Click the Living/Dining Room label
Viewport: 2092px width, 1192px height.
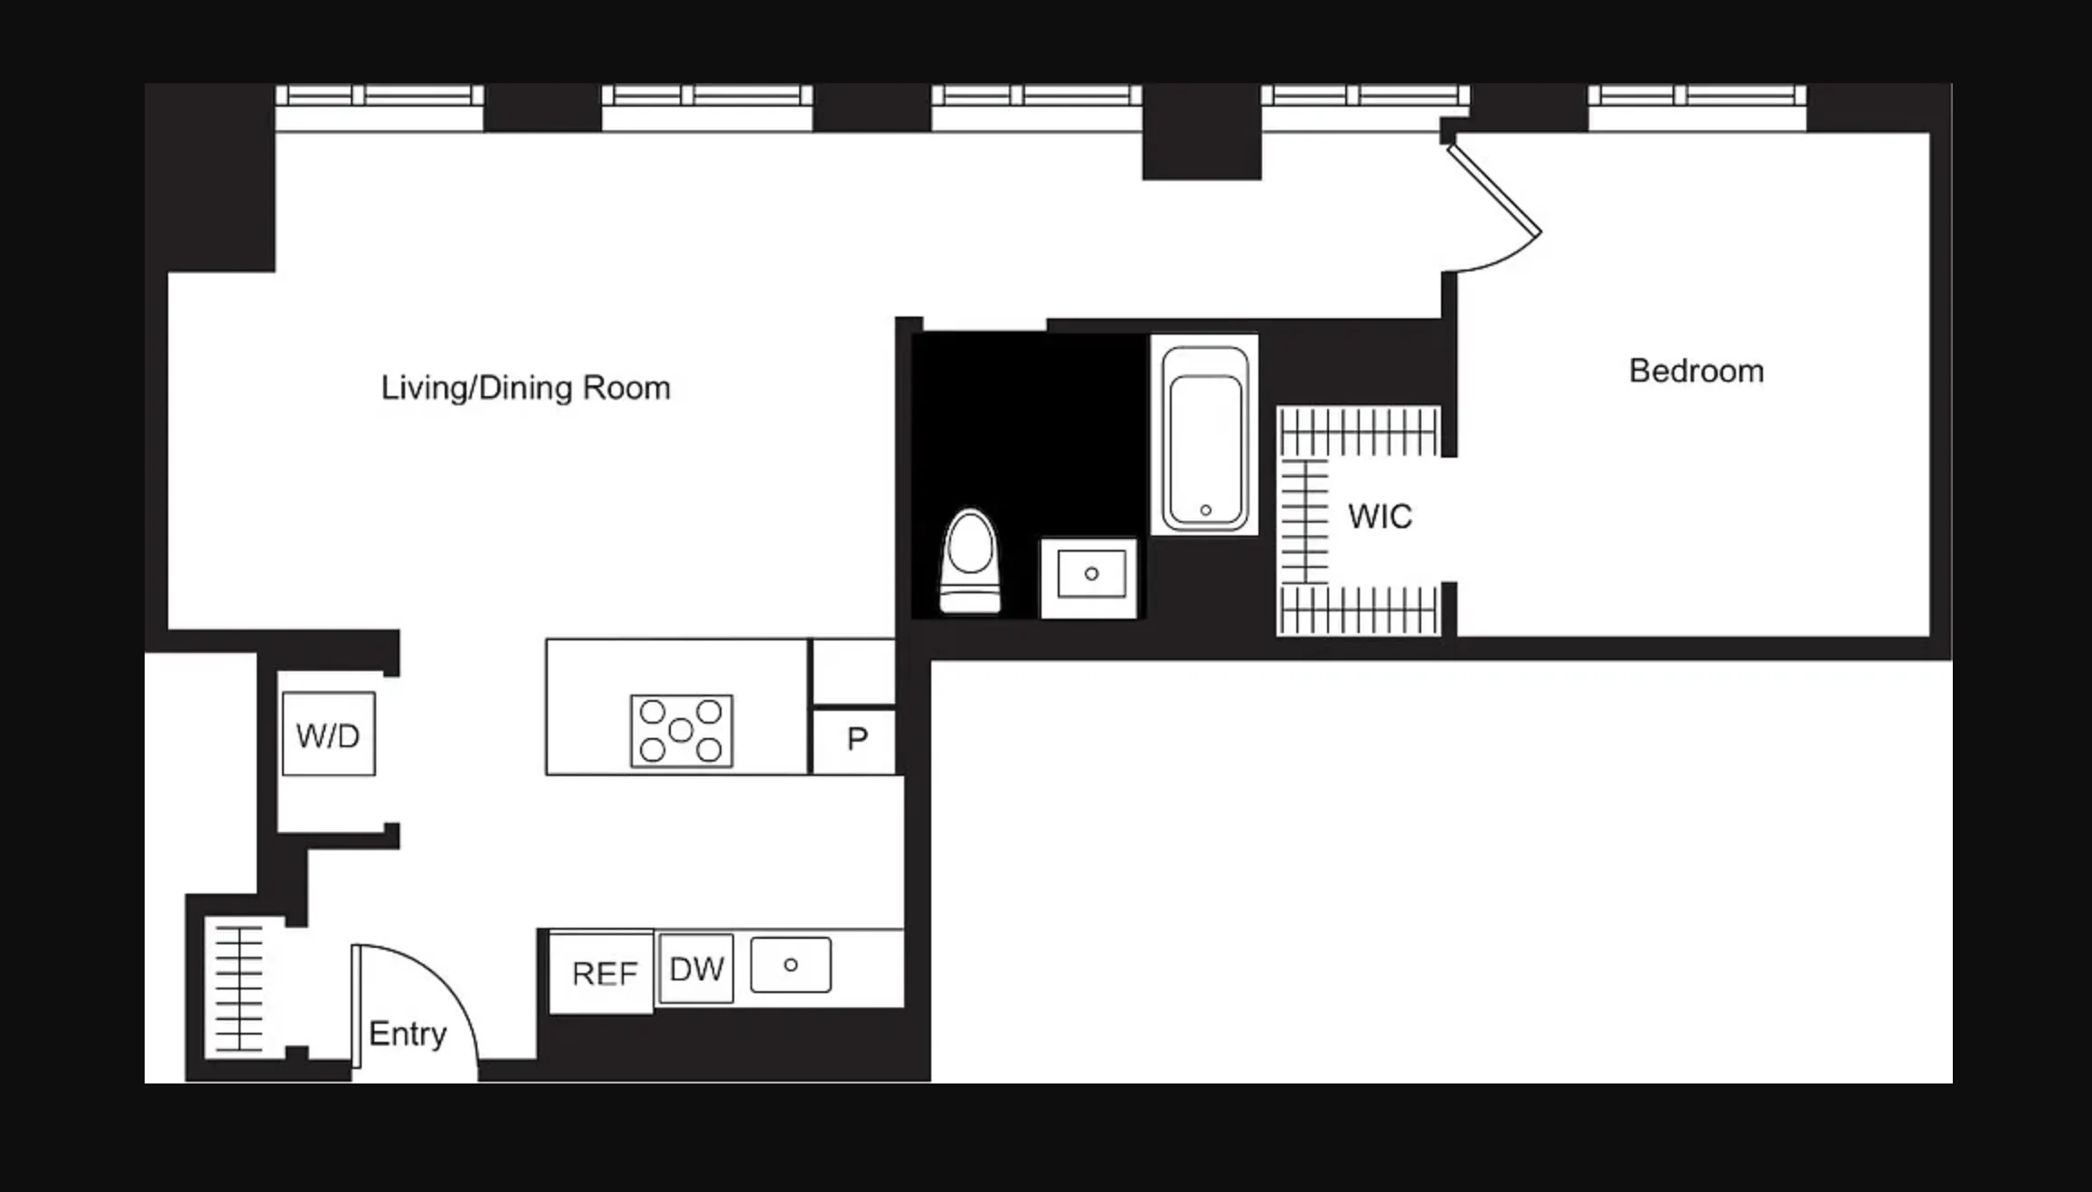point(525,388)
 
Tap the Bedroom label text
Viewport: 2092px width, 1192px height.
point(1696,371)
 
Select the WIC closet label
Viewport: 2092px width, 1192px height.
point(1379,516)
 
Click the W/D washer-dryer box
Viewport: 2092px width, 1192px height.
point(328,734)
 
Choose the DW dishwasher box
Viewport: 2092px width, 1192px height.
point(696,970)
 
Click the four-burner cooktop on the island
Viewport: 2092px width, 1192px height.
point(681,731)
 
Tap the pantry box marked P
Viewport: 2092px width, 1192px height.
point(855,741)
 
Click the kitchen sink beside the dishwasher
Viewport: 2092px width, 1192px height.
point(790,965)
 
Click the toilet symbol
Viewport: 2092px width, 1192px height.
point(970,563)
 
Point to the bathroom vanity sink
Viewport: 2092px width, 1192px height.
point(1090,575)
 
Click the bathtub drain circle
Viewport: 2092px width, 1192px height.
point(1205,510)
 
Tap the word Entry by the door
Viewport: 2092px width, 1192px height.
point(407,1034)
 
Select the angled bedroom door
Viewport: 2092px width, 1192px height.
point(1494,190)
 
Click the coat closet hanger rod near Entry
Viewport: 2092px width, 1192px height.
point(239,988)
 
